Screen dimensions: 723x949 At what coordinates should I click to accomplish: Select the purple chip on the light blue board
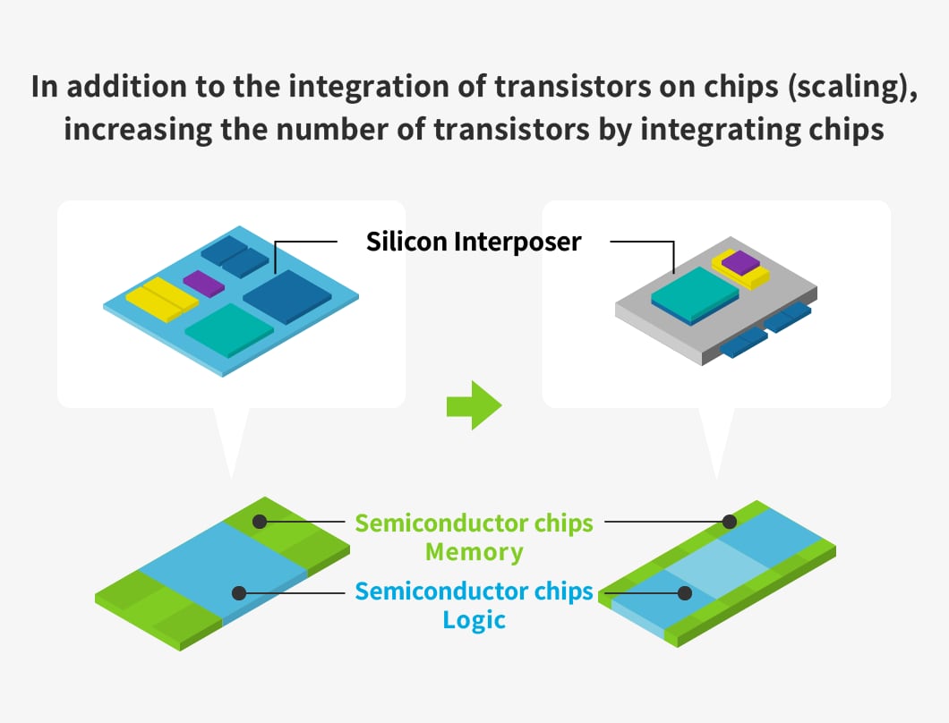click(204, 284)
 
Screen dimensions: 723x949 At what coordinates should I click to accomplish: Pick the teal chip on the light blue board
click(229, 329)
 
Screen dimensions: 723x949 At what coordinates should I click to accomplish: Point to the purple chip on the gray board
click(740, 262)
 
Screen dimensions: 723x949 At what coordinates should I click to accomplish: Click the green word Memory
click(474, 552)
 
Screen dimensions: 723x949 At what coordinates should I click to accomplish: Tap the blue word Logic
click(474, 620)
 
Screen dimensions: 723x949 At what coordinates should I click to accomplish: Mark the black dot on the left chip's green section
click(260, 520)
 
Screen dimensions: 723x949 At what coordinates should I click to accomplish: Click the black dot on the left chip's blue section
click(238, 592)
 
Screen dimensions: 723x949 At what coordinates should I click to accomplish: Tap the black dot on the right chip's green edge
click(730, 520)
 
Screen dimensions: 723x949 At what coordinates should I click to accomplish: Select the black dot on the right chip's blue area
click(686, 592)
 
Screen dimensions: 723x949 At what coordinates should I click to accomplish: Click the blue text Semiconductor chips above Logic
click(474, 591)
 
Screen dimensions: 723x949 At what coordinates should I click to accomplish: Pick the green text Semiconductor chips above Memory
click(474, 523)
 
